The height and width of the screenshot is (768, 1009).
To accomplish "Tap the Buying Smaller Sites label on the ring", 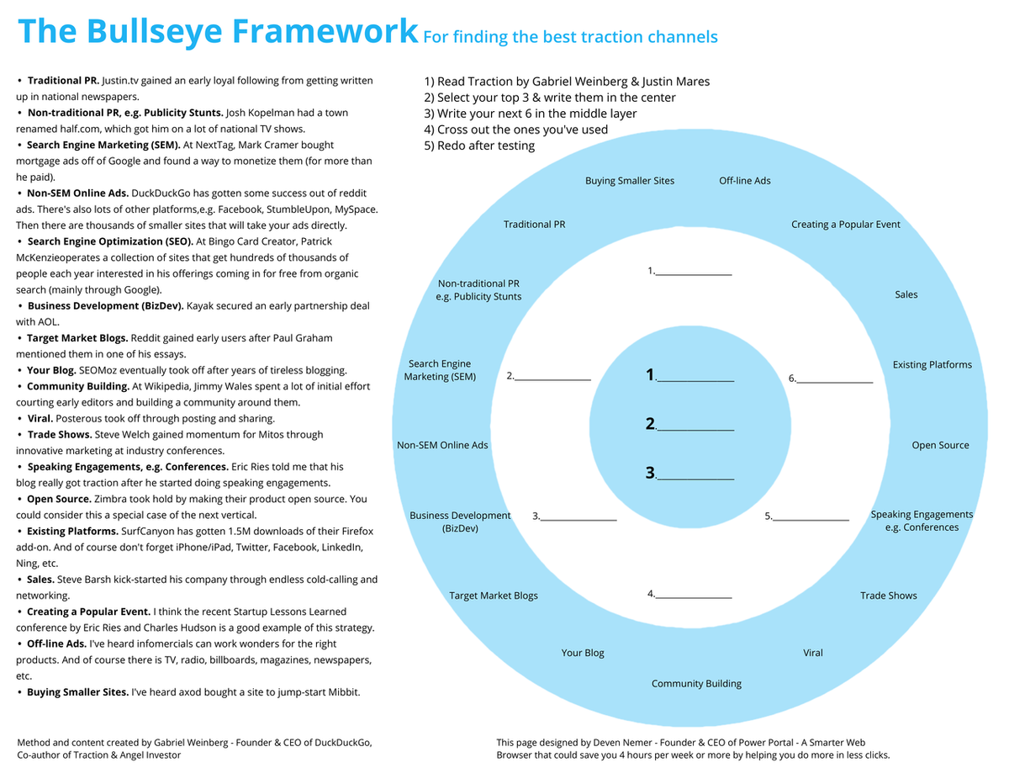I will tap(630, 181).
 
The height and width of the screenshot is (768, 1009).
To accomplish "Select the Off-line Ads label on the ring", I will tap(745, 181).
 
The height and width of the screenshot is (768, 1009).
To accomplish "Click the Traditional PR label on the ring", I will tap(534, 225).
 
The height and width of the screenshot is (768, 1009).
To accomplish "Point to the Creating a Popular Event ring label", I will tap(846, 225).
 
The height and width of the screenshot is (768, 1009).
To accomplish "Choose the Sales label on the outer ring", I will tap(906, 294).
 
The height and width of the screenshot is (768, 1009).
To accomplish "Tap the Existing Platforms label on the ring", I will tap(932, 365).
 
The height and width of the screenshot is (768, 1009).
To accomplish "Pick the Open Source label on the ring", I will tap(940, 445).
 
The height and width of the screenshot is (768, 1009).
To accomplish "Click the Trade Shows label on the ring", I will tap(889, 596).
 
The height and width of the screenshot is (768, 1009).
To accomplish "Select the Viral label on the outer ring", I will tap(813, 653).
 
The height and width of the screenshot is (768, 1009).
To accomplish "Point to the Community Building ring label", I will tap(696, 684).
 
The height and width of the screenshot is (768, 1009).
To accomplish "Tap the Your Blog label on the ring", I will tap(583, 653).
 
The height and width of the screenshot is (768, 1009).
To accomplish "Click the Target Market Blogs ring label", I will tap(494, 596).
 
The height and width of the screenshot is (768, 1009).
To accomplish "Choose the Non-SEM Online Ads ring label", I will tap(442, 445).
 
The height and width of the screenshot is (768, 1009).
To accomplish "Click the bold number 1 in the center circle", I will tap(650, 375).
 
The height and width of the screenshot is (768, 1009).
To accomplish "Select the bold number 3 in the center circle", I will tap(650, 473).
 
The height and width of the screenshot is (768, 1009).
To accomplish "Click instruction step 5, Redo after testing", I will tap(479, 146).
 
